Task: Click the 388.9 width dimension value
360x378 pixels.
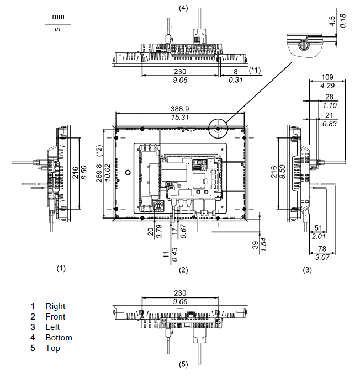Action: [180, 109]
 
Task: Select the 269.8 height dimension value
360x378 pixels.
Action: [100, 173]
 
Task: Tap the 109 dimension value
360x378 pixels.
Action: [327, 77]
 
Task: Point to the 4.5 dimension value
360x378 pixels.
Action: [332, 21]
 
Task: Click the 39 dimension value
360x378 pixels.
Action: [255, 245]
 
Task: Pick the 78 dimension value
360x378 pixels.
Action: [322, 248]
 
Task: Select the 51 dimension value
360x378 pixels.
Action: [319, 228]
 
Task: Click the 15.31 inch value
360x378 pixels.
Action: [180, 118]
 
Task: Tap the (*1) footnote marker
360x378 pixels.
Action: [255, 70]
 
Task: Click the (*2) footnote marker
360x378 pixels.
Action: [99, 151]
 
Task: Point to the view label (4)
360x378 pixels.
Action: [183, 8]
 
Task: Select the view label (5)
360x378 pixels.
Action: [183, 364]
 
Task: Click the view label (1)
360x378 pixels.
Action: [61, 268]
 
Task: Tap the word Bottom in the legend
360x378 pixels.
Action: [59, 338]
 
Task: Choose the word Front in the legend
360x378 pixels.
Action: [55, 317]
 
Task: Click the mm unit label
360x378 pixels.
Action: [58, 17]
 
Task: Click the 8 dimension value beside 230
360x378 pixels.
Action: [236, 72]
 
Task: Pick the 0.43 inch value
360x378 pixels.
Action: [174, 254]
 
